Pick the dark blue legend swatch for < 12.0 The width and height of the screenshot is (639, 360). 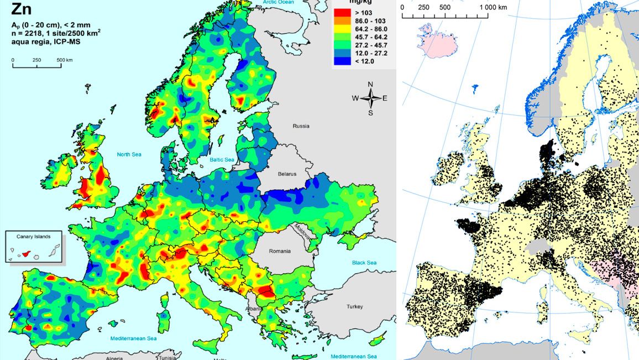pos(342,61)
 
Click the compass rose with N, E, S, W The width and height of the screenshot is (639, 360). pos(370,98)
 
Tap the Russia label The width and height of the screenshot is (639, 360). pos(301,126)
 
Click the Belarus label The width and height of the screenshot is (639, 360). pos(286,174)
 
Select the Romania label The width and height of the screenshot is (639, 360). pos(279,251)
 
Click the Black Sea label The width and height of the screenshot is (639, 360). pos(364,263)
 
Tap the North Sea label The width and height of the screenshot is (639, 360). pos(129,154)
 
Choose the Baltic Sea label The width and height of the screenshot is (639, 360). pos(222,159)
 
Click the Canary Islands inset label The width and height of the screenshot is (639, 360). pos(34,237)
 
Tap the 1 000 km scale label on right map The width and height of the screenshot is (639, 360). pos(493,7)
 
